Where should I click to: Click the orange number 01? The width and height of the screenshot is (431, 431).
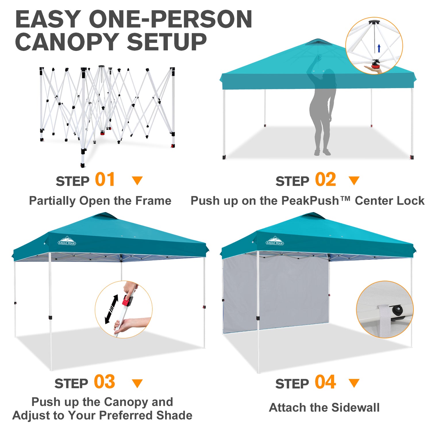(105, 180)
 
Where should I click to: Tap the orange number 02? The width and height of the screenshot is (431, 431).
(326, 180)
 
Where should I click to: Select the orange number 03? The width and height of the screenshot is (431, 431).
(105, 382)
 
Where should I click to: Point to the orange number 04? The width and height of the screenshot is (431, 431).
(325, 382)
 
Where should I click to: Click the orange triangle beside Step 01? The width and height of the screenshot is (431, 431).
(137, 181)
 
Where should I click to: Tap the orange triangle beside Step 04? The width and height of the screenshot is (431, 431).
(354, 383)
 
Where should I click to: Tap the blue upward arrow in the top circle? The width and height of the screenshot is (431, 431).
(379, 48)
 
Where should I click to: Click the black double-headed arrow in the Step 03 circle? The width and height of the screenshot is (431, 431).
(111, 309)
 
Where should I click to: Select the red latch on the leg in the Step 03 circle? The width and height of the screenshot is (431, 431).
(127, 301)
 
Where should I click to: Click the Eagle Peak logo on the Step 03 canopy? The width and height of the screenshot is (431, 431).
(67, 241)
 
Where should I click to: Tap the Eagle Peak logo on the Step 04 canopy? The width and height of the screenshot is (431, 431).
(275, 241)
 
